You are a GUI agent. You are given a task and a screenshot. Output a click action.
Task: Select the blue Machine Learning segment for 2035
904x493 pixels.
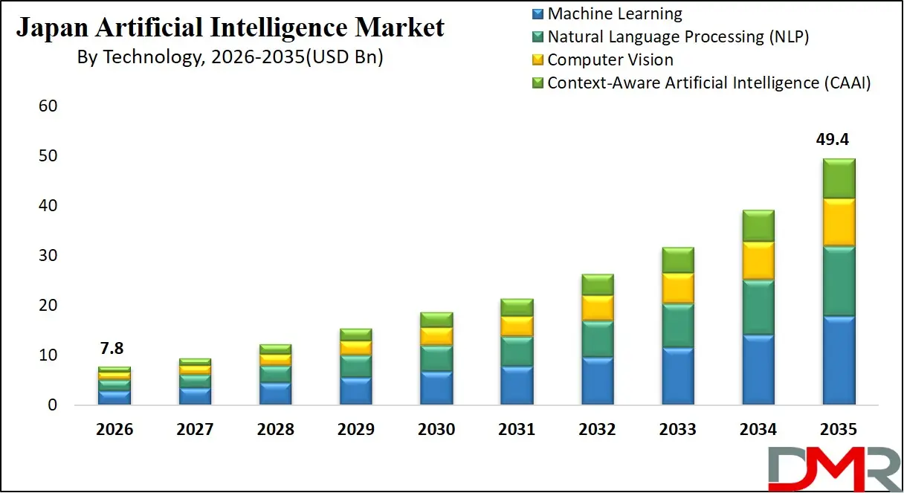tap(839, 360)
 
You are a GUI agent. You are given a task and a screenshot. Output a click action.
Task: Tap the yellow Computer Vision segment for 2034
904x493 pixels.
tap(758, 260)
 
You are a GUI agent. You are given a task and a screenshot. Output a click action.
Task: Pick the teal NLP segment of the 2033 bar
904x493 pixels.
tap(677, 325)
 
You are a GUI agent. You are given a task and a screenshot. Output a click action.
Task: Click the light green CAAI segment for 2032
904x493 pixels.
tap(597, 284)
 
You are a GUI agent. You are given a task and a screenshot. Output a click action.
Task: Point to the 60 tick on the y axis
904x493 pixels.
tap(48, 106)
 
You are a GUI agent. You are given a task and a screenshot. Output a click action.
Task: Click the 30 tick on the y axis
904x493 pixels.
tap(48, 256)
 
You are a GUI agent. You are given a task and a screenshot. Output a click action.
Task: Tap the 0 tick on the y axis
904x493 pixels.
tap(52, 405)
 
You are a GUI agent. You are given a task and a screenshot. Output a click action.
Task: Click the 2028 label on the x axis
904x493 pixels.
tap(275, 430)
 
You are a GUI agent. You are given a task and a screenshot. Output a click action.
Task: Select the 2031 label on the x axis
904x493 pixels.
tap(517, 430)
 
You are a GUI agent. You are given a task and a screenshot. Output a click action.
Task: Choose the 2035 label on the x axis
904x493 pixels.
tap(839, 430)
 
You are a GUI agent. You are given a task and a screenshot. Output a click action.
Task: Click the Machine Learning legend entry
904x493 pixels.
tap(614, 13)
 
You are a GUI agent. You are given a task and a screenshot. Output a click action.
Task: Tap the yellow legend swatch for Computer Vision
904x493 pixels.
tap(538, 60)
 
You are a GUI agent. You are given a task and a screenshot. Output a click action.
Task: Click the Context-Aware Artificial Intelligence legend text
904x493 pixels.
tap(708, 83)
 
